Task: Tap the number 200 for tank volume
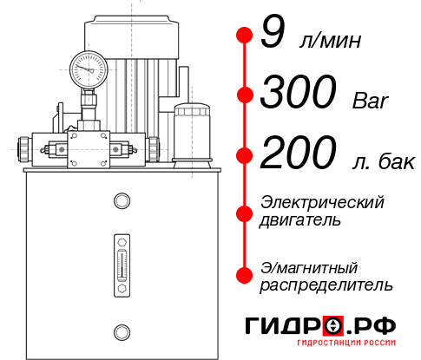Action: point(300,155)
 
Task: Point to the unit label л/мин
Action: point(330,41)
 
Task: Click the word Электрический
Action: point(322,202)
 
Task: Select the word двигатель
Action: point(300,220)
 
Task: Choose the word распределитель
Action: point(326,285)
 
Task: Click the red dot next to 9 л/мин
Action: point(244,35)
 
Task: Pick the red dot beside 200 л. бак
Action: point(244,156)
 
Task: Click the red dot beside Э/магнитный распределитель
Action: point(244,275)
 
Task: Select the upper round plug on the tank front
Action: point(121,202)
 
